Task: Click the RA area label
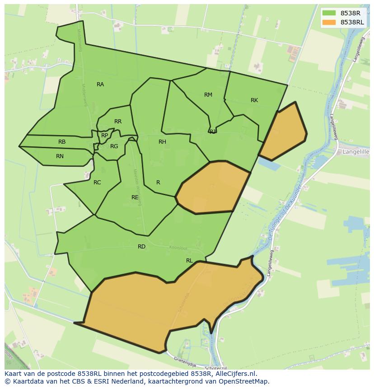click(100, 84)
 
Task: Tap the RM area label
click(208, 95)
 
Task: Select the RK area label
click(254, 100)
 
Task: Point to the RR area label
click(118, 122)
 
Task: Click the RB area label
click(62, 142)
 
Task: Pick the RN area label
click(60, 156)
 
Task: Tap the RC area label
click(97, 183)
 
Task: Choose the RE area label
click(135, 197)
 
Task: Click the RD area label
click(142, 247)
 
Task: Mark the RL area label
click(189, 261)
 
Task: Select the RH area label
click(162, 142)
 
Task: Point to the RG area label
click(114, 146)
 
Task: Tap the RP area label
click(104, 136)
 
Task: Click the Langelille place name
click(356, 152)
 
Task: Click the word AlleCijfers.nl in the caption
click(235, 374)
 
